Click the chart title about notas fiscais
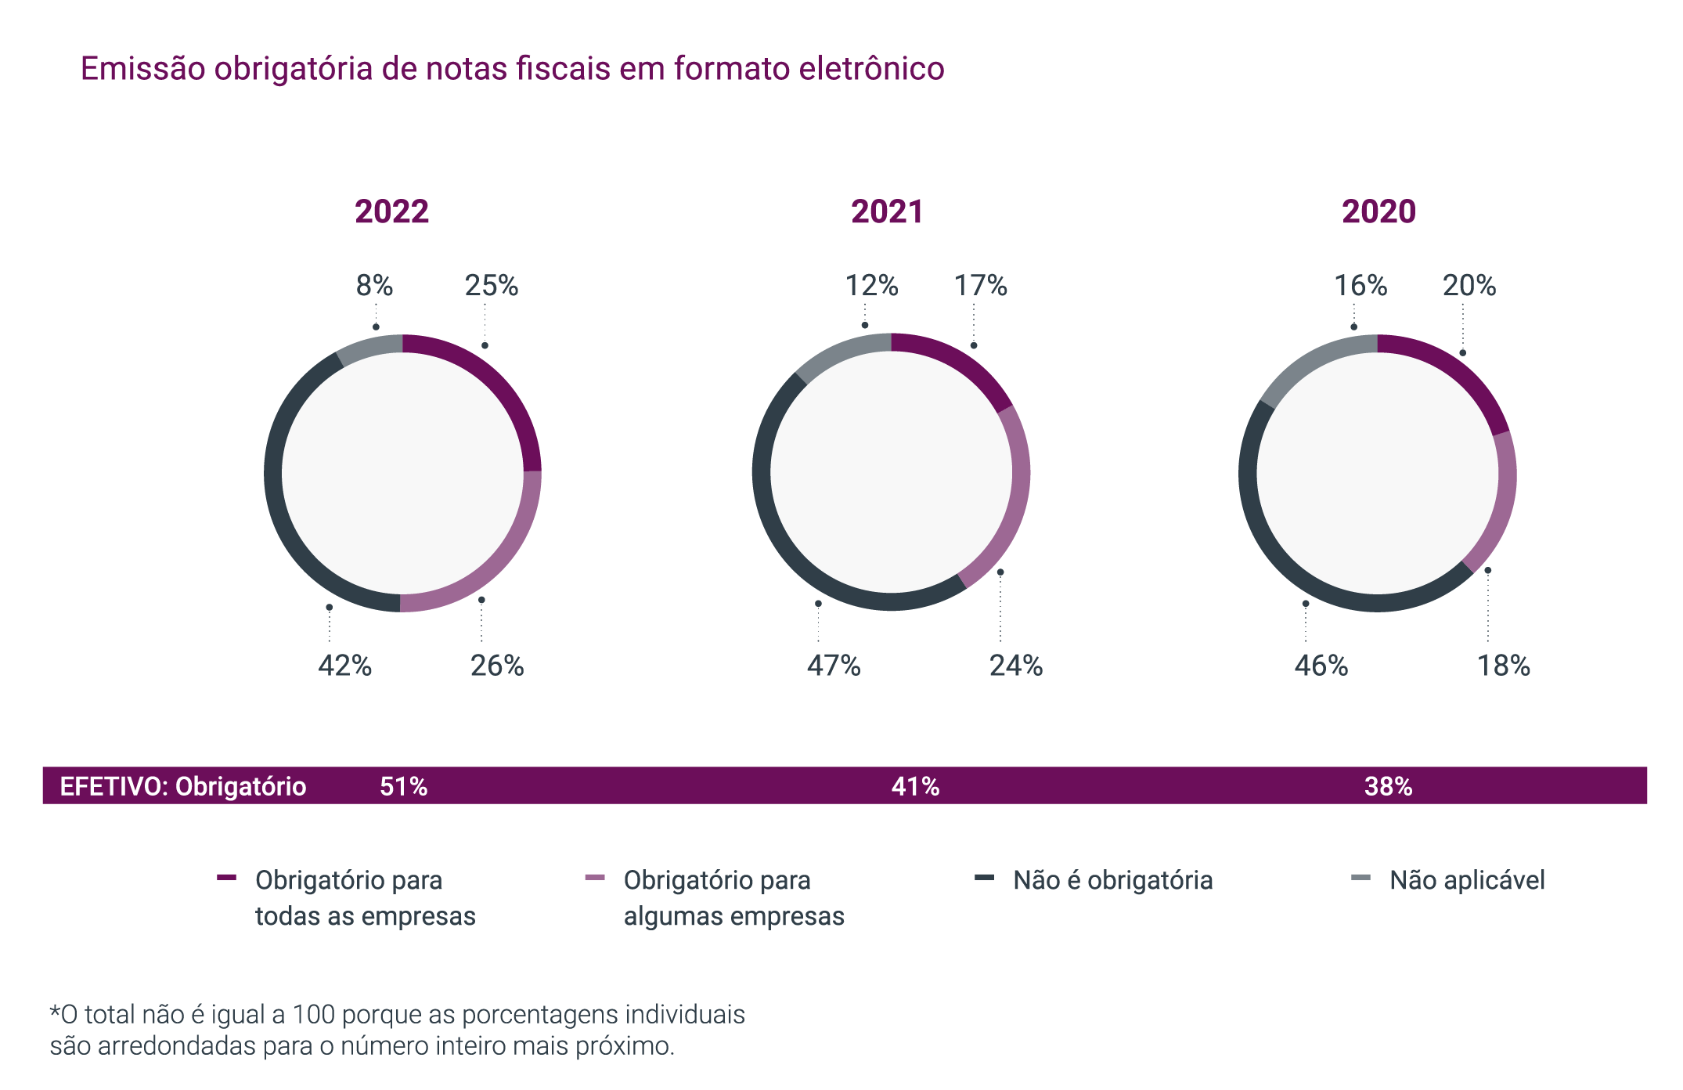pyautogui.click(x=512, y=69)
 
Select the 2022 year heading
pyautogui.click(x=391, y=211)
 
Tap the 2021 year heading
pyautogui.click(x=887, y=211)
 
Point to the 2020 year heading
pyautogui.click(x=1378, y=211)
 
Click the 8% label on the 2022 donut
pyautogui.click(x=374, y=286)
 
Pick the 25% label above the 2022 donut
pyautogui.click(x=492, y=286)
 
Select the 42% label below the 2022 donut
pyautogui.click(x=344, y=666)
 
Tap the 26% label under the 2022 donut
pyautogui.click(x=497, y=666)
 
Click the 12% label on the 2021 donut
pyautogui.click(x=871, y=286)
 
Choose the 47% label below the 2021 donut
pyautogui.click(x=834, y=666)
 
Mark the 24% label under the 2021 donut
pyautogui.click(x=1016, y=666)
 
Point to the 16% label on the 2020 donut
pyautogui.click(x=1360, y=286)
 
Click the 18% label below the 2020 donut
pyautogui.click(x=1503, y=666)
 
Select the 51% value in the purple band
pyautogui.click(x=403, y=786)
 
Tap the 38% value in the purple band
pyautogui.click(x=1388, y=786)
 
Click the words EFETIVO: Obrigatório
pyautogui.click(x=183, y=786)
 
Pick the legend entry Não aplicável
pyautogui.click(x=1467, y=880)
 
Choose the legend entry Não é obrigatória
pyautogui.click(x=1112, y=880)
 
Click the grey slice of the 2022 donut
pyautogui.click(x=369, y=348)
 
